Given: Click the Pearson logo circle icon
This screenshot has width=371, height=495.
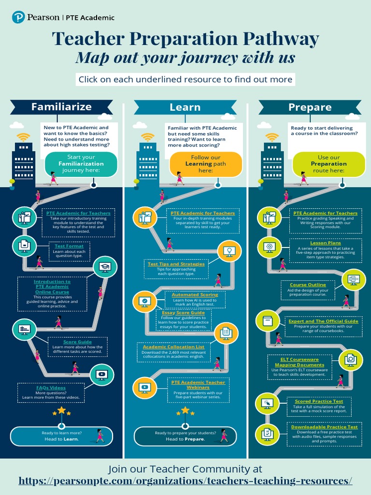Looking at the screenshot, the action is [x=18, y=17].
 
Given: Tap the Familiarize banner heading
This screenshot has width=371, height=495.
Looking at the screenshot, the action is [x=61, y=107].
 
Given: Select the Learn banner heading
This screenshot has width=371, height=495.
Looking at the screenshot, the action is [x=185, y=107].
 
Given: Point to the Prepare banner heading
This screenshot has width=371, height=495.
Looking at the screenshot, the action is [x=310, y=107].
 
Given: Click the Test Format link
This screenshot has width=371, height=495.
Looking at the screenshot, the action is [x=69, y=246].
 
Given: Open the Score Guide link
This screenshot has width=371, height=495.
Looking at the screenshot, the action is [x=77, y=342].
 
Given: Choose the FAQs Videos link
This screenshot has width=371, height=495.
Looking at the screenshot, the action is [x=51, y=387].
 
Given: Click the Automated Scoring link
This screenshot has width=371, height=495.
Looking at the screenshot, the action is [x=195, y=294].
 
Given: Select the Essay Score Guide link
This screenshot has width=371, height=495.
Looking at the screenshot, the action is [x=183, y=313].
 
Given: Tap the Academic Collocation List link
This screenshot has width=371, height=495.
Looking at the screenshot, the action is [x=173, y=347].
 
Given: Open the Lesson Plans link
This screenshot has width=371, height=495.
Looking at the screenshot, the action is [x=325, y=243].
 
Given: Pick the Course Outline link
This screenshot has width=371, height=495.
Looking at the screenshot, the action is [x=308, y=285].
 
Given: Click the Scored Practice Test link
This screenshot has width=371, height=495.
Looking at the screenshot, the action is [x=319, y=401].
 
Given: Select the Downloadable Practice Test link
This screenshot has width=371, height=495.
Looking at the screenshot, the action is [x=324, y=427].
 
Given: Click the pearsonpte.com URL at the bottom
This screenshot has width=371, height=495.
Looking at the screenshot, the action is [x=185, y=480].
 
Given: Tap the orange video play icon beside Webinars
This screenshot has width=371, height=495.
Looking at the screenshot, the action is [x=144, y=387].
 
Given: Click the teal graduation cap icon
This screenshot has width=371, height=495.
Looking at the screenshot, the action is [x=105, y=266].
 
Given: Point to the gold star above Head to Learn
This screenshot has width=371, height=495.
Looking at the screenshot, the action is [x=61, y=410].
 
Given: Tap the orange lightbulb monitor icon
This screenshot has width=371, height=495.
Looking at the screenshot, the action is [x=229, y=251].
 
